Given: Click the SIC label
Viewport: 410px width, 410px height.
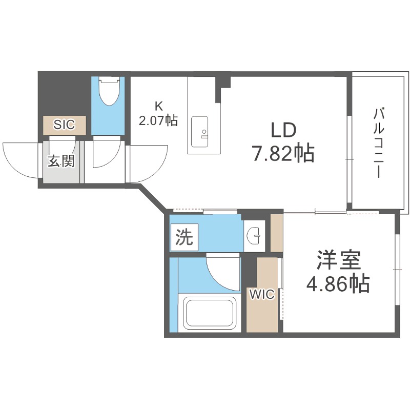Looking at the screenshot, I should click(x=65, y=124).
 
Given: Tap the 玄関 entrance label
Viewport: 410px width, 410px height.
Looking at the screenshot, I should click(x=61, y=161).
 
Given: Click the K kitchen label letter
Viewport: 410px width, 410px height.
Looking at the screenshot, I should click(x=158, y=107).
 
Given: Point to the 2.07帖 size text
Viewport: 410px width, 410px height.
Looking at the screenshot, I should click(x=158, y=121).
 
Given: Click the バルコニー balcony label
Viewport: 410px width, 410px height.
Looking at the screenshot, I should click(x=379, y=143).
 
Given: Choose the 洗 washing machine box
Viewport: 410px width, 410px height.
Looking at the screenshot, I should click(x=184, y=237).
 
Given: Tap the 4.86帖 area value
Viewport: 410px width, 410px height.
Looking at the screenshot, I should click(x=338, y=284).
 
